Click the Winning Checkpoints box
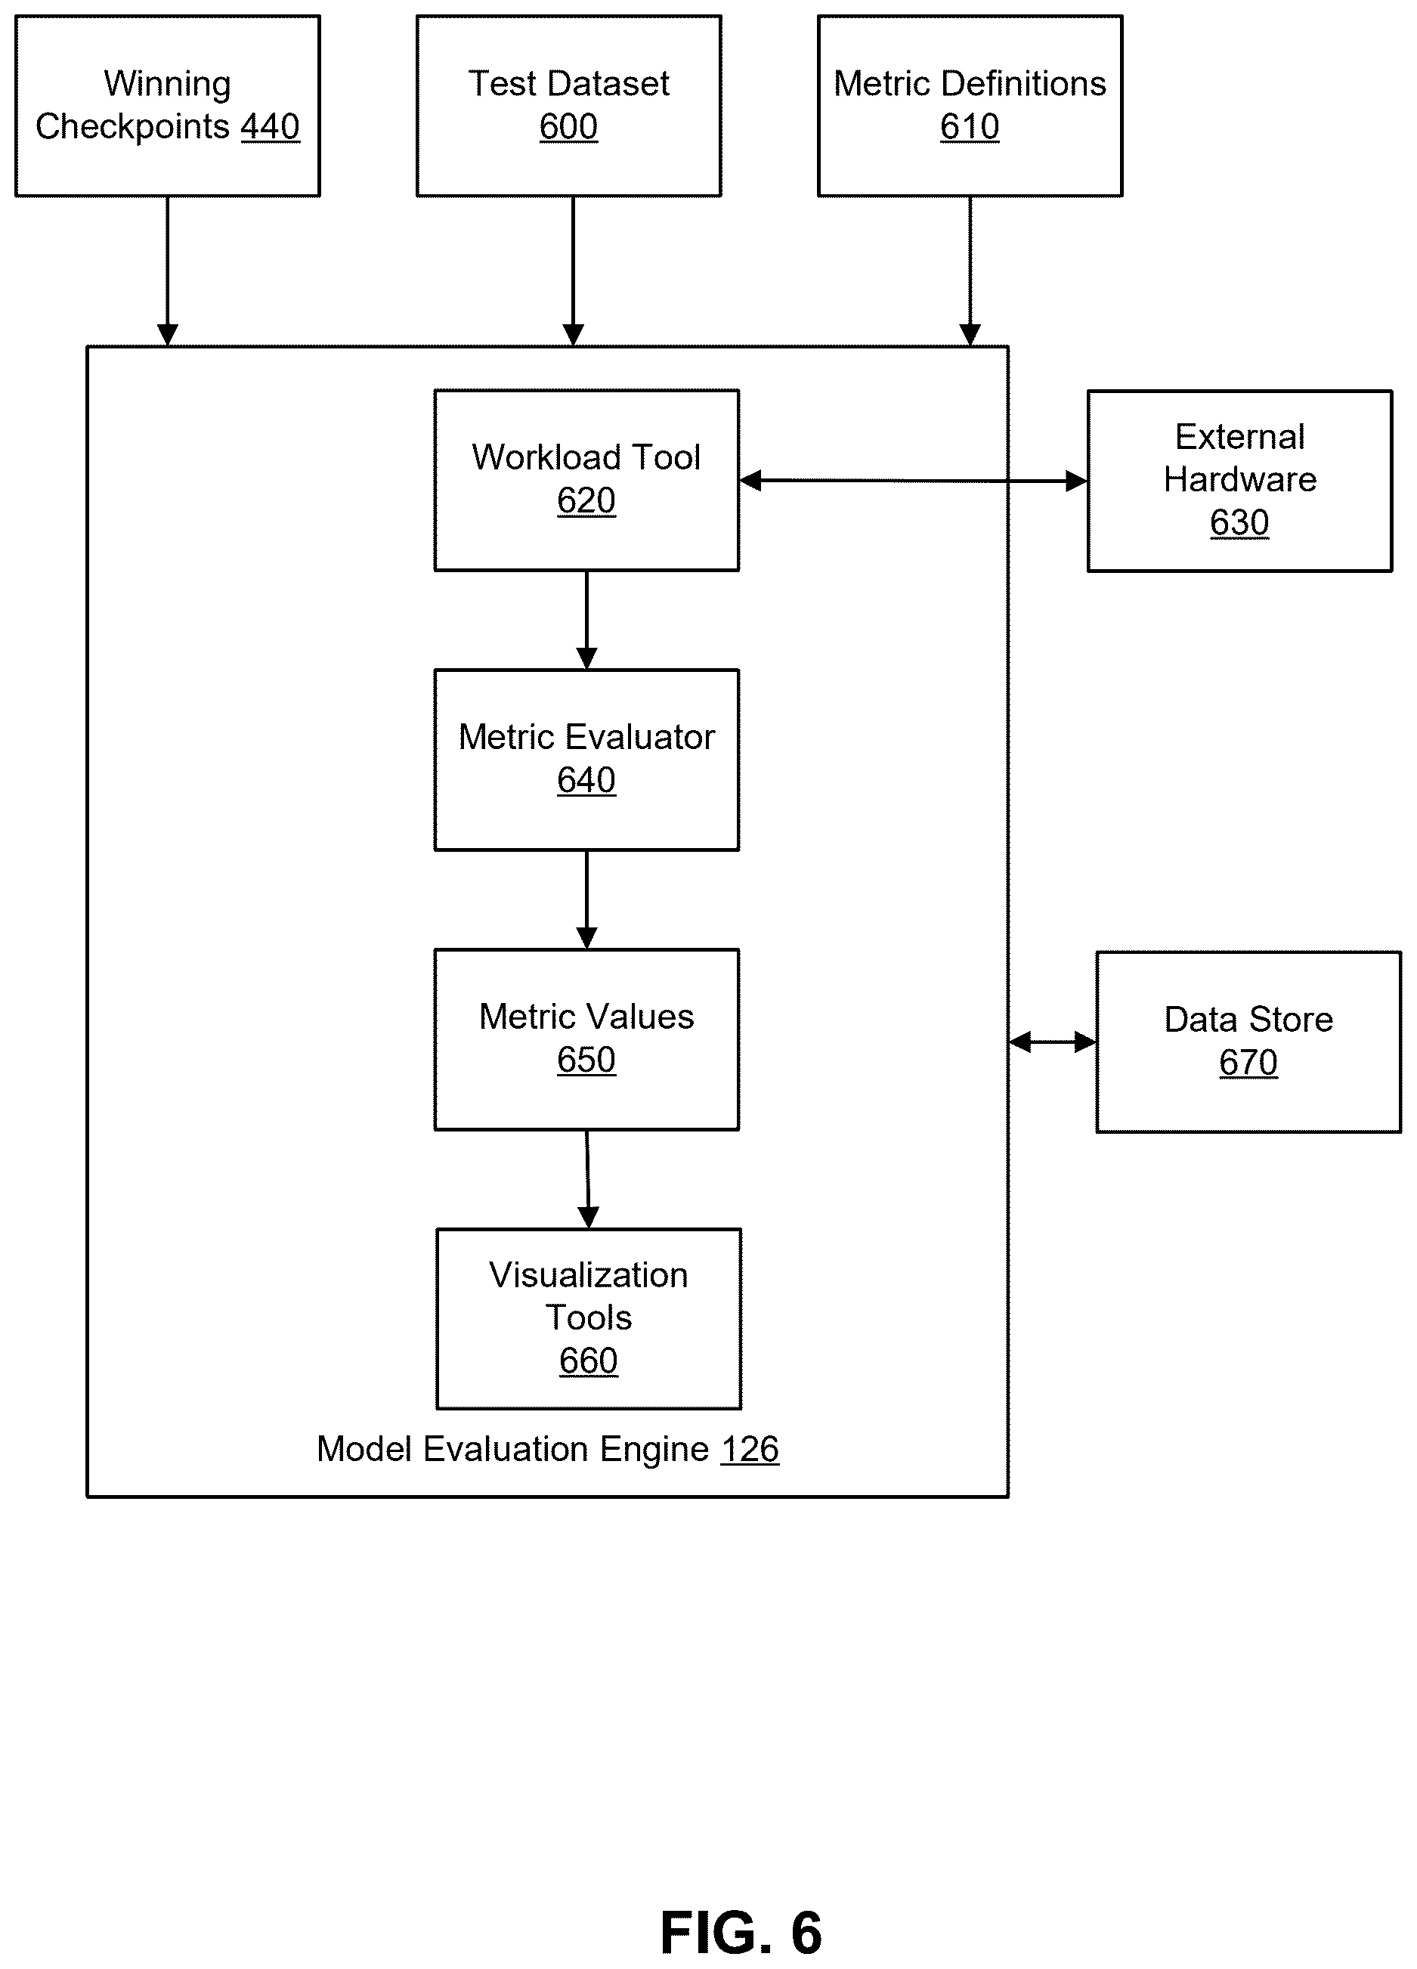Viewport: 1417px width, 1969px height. click(168, 106)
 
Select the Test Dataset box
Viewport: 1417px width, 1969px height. click(569, 106)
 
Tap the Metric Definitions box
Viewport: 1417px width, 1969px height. click(970, 106)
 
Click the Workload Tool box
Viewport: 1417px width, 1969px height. click(587, 480)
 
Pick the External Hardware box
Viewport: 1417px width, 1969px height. click(1240, 481)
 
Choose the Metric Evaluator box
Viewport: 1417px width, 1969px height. click(587, 760)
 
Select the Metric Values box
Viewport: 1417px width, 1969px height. click(587, 1039)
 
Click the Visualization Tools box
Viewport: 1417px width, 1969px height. click(589, 1319)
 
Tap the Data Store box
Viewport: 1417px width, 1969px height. click(1248, 1042)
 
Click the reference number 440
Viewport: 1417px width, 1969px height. click(270, 127)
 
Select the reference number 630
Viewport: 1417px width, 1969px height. click(1240, 522)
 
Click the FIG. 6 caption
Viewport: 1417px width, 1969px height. click(741, 1933)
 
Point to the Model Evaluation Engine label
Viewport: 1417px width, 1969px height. click(513, 1449)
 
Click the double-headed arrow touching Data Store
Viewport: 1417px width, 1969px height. click(1052, 1042)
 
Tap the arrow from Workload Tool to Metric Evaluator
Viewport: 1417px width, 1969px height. click(587, 620)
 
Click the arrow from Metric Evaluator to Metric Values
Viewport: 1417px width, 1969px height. click(587, 899)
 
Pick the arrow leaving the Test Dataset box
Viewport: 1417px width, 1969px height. click(573, 271)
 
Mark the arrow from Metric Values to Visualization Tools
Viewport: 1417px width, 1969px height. click(588, 1179)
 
